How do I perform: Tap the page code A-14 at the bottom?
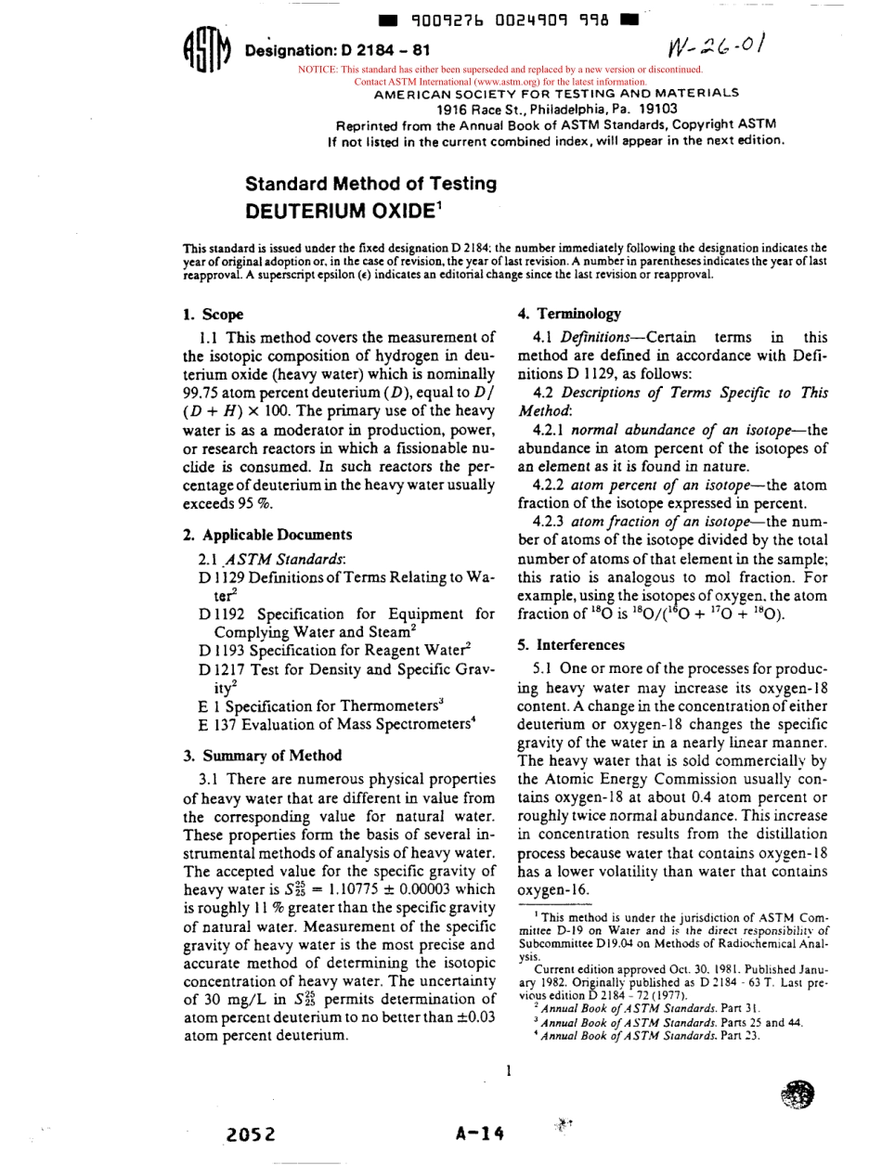coord(479,1133)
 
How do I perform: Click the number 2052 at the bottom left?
coord(252,1133)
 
